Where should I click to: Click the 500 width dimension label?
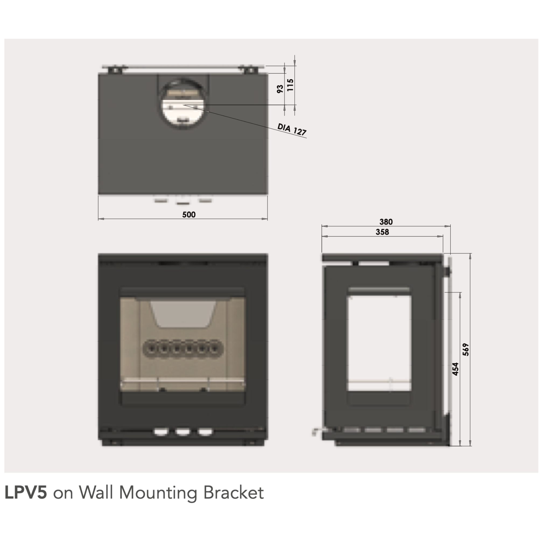(x=189, y=215)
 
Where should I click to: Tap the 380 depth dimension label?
(x=386, y=222)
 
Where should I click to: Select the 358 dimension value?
(x=382, y=232)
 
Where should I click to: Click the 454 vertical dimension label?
(x=455, y=369)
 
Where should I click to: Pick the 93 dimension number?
(x=280, y=89)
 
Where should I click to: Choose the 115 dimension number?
(x=290, y=85)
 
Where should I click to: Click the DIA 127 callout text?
(x=292, y=129)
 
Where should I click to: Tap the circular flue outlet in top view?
(x=183, y=104)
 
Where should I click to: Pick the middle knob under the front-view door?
(x=183, y=432)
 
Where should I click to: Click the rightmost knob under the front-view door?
(x=205, y=432)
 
